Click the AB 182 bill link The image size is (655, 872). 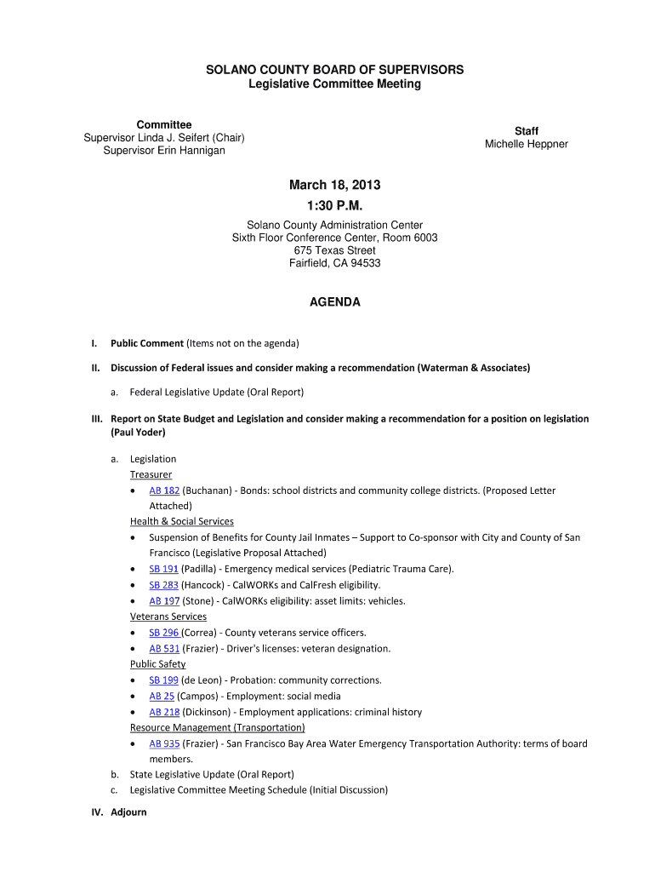(x=164, y=490)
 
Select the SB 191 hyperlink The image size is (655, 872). (x=163, y=569)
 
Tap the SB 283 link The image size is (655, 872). (x=163, y=585)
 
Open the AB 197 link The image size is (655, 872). (x=164, y=600)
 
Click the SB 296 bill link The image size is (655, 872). (x=163, y=633)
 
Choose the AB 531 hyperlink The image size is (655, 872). (x=164, y=648)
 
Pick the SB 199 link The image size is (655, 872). (x=163, y=680)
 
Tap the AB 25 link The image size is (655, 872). (x=162, y=696)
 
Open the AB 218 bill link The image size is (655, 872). (x=164, y=712)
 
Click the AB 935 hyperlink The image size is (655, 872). (x=164, y=743)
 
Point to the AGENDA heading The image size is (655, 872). (x=334, y=302)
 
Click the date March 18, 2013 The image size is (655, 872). (x=334, y=186)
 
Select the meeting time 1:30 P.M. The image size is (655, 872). (x=334, y=205)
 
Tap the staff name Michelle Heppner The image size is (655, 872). (x=527, y=144)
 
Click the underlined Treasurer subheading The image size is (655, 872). (x=151, y=474)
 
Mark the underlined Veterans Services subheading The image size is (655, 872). (x=168, y=617)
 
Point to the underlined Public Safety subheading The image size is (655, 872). (x=157, y=664)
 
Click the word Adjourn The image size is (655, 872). (x=128, y=812)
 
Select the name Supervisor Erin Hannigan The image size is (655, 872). (x=164, y=151)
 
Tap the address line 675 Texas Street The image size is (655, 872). (x=334, y=250)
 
